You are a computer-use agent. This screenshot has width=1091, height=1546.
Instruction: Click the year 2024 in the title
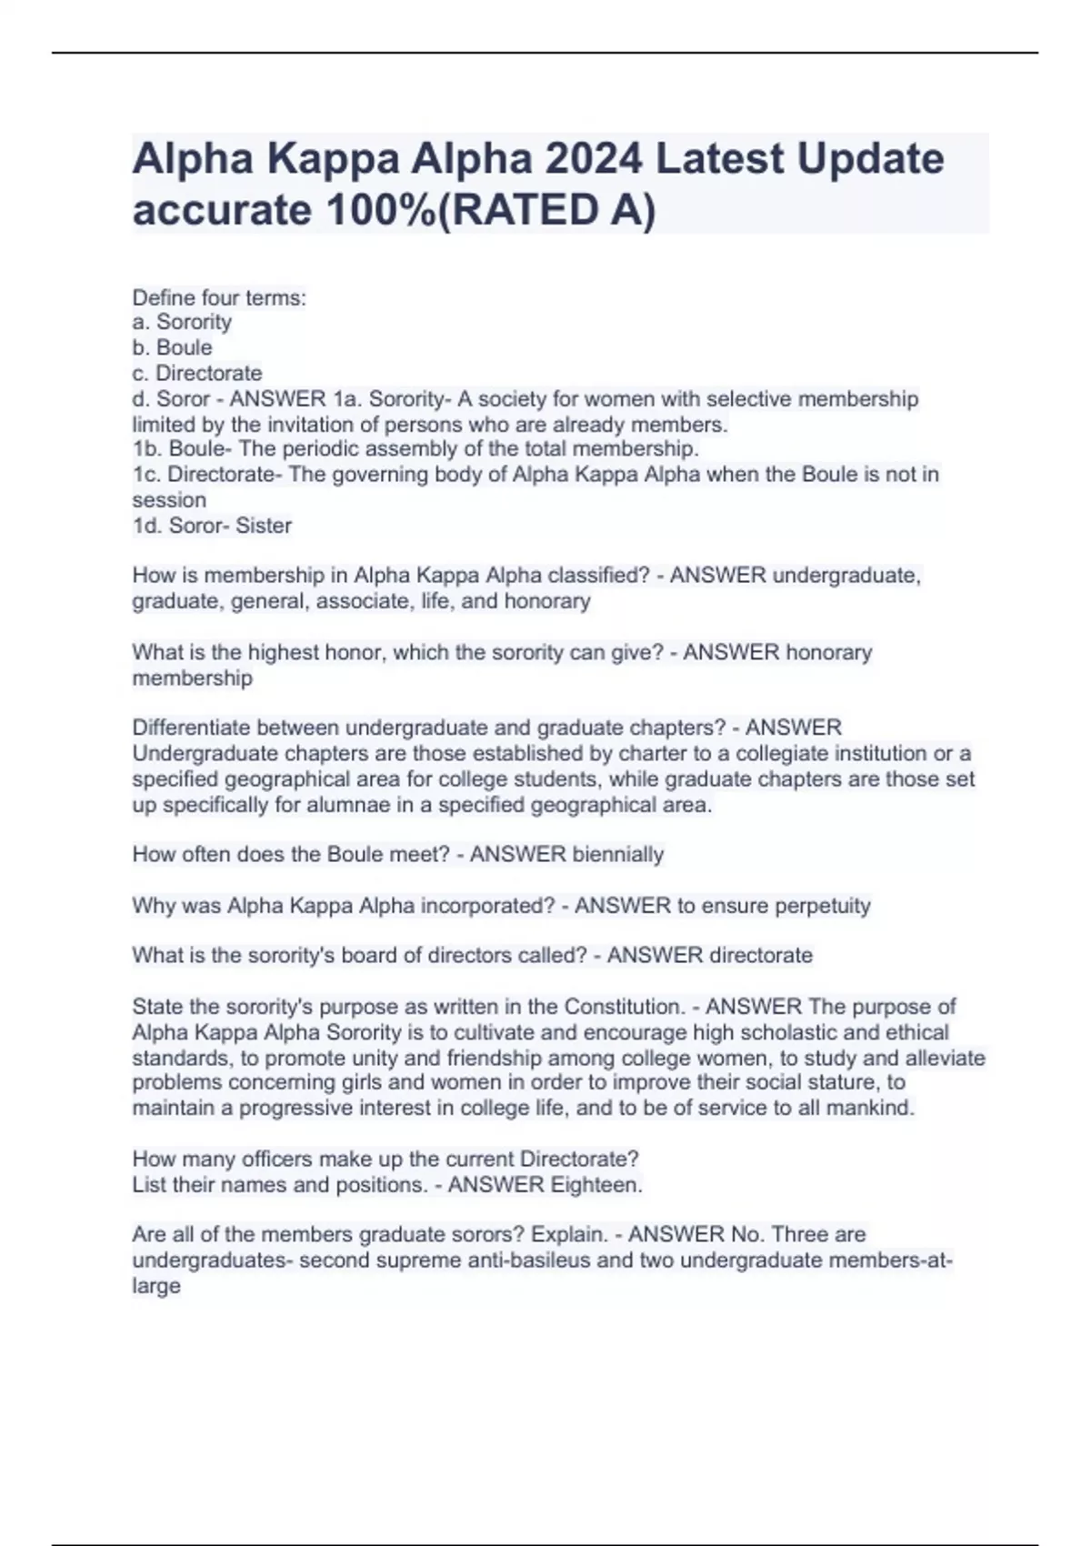[x=593, y=158]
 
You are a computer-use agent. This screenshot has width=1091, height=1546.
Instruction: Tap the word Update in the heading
[x=870, y=158]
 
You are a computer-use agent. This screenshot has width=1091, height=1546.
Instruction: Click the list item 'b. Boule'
[x=172, y=347]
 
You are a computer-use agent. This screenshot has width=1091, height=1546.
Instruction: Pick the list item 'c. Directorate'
[x=197, y=373]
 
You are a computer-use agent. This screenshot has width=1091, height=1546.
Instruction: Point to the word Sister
[x=264, y=526]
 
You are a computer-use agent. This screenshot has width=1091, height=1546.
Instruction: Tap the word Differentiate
[x=191, y=728]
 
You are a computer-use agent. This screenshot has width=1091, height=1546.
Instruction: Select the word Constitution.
[x=625, y=1007]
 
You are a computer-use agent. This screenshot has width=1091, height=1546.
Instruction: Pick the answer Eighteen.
[x=596, y=1185]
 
